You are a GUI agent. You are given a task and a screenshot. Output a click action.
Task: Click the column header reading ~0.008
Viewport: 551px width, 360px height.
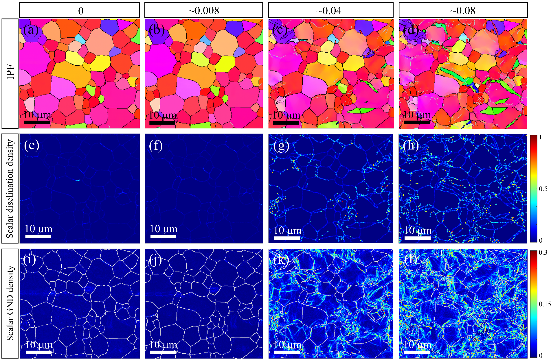[x=203, y=11]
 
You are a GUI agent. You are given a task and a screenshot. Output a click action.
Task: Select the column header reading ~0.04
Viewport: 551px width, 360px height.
[x=330, y=11]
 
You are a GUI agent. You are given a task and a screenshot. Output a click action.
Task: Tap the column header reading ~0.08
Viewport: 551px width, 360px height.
[x=463, y=11]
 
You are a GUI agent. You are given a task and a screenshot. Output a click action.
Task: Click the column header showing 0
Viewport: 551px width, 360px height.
[x=80, y=11]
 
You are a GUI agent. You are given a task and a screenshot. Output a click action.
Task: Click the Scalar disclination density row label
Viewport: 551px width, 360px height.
[x=10, y=189]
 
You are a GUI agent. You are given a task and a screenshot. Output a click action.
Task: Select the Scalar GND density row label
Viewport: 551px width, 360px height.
[x=10, y=303]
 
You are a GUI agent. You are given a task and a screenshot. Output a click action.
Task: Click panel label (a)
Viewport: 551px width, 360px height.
[x=31, y=29]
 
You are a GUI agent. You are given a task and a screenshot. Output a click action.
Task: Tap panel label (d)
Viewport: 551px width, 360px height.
[x=411, y=29]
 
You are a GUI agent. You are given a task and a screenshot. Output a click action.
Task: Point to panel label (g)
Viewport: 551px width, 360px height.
[x=281, y=145]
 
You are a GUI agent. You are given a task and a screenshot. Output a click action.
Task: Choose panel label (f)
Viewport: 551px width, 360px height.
[x=156, y=145]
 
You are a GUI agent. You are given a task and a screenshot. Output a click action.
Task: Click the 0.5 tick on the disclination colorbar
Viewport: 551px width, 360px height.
[x=543, y=189]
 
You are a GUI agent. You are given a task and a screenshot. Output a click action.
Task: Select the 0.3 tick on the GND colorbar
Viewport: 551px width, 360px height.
[x=543, y=252]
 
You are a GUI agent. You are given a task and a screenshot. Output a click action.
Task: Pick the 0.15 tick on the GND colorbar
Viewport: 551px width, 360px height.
[x=544, y=304]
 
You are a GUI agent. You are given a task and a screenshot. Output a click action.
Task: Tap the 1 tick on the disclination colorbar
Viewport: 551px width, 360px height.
[x=540, y=138]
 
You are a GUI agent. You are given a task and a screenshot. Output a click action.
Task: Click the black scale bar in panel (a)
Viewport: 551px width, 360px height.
[x=37, y=122]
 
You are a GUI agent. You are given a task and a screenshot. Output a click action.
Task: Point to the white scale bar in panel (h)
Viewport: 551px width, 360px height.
[x=417, y=238]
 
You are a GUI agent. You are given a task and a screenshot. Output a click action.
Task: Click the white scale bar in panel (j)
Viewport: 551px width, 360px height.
[x=163, y=352]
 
